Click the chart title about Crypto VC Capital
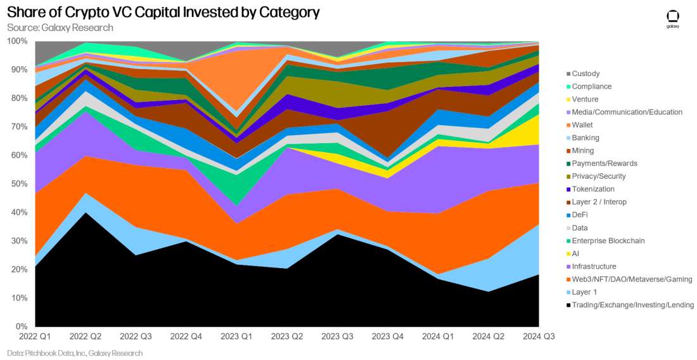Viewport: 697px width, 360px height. click(163, 13)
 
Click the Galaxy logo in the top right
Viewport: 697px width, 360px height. click(673, 19)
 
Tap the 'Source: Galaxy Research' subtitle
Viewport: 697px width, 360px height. click(60, 28)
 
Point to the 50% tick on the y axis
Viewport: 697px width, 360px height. click(18, 184)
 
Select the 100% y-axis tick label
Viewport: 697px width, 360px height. click(16, 41)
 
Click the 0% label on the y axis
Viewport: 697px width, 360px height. click(21, 326)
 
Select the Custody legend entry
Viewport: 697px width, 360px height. click(585, 74)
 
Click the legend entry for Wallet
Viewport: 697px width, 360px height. click(582, 125)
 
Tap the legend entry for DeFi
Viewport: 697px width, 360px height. click(580, 215)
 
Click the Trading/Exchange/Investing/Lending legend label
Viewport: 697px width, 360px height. click(632, 305)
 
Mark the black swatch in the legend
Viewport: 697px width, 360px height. click(567, 305)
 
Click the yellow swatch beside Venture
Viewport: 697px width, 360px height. click(567, 100)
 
